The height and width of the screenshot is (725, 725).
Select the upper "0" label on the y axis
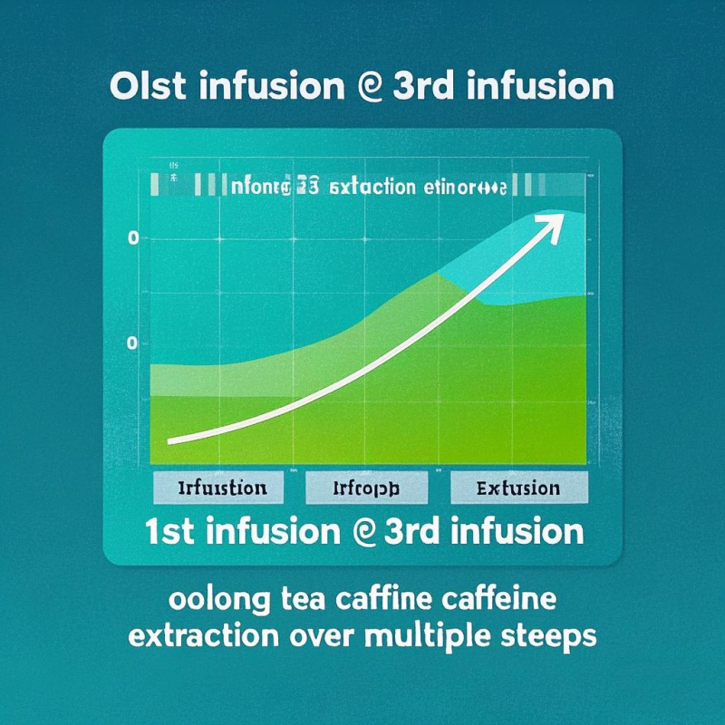133,238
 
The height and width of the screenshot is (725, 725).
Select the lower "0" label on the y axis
132,343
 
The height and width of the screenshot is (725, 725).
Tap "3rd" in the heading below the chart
417,532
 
